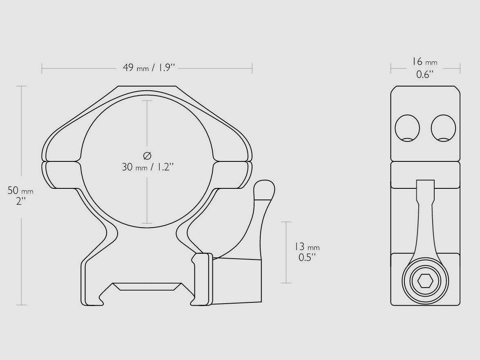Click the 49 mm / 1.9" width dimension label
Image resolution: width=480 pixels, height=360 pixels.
149,68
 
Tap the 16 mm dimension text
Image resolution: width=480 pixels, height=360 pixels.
424,62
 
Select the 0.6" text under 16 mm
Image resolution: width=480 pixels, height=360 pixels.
424,74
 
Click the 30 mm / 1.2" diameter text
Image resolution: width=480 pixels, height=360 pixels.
148,167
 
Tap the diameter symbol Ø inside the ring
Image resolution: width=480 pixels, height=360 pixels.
147,155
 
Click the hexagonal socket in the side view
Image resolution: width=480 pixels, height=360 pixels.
425,281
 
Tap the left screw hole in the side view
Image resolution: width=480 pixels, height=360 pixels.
407,128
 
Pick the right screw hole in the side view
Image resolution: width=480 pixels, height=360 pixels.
443,128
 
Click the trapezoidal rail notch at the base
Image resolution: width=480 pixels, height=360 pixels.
147,286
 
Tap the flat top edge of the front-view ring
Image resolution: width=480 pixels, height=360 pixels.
147,86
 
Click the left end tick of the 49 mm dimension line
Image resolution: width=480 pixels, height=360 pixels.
42,68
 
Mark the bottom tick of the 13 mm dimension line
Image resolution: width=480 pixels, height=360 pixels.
286,283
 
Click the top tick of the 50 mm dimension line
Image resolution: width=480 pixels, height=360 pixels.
21,86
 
